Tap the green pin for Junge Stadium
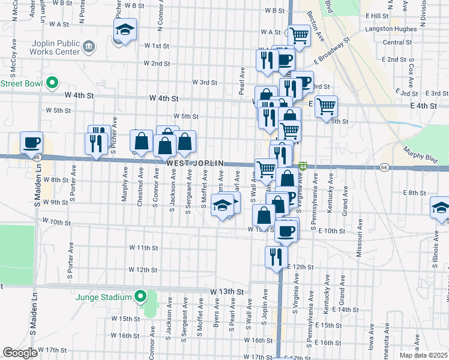(140, 296)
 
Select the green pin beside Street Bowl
(52, 83)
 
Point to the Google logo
(20, 353)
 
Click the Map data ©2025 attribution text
(424, 355)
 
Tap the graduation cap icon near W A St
(125, 29)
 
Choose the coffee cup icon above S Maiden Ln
(31, 143)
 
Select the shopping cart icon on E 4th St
(326, 107)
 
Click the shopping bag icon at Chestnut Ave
(142, 142)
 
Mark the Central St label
(396, 43)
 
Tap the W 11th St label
(143, 247)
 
